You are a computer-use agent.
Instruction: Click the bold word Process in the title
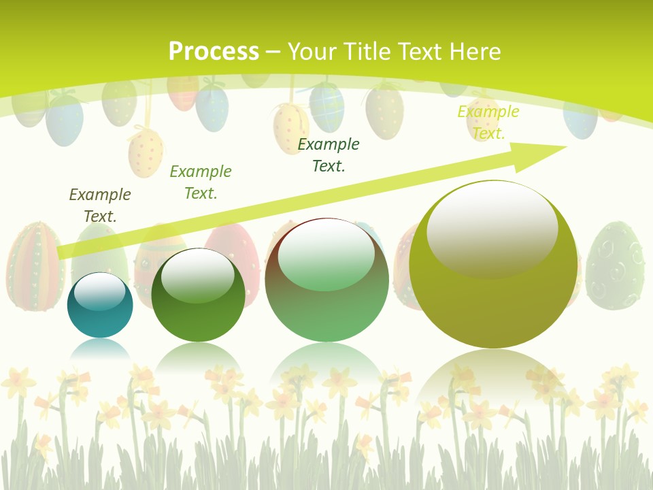[x=214, y=52]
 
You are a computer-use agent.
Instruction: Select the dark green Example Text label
[x=329, y=154]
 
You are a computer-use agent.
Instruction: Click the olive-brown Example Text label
[x=100, y=205]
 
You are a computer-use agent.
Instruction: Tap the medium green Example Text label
[x=201, y=182]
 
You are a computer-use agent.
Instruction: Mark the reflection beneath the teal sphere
[x=100, y=348]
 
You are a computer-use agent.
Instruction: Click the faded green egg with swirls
[x=615, y=265]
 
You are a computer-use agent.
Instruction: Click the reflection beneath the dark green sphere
[x=198, y=357]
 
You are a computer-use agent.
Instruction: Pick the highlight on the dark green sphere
[x=197, y=275]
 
